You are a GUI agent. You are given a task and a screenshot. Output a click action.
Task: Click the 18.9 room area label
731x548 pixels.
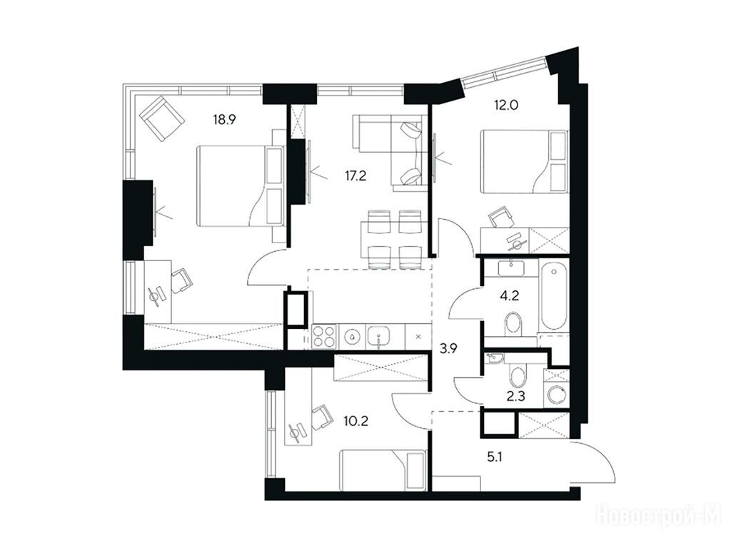tap(225, 120)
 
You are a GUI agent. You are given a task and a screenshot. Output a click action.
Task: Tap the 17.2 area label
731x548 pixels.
tap(356, 176)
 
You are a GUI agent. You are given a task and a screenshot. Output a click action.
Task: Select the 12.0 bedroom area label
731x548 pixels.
tap(506, 106)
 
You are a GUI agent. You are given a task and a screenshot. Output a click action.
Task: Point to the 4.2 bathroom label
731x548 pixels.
tap(510, 295)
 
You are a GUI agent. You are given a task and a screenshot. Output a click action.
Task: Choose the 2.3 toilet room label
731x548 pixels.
tap(515, 397)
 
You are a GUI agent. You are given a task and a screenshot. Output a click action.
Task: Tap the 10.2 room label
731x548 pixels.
tap(356, 422)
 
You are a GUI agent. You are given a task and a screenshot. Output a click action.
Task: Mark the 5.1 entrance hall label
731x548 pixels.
tap(495, 457)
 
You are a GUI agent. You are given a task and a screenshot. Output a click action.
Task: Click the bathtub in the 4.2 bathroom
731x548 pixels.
tap(554, 295)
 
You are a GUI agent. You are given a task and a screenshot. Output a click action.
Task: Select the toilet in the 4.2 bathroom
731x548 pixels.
tap(513, 325)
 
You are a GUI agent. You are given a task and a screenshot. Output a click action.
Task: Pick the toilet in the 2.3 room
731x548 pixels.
tap(517, 375)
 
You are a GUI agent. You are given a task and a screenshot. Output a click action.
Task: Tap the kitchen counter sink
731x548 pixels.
tap(379, 337)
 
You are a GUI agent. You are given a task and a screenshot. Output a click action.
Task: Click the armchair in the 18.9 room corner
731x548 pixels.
tap(161, 118)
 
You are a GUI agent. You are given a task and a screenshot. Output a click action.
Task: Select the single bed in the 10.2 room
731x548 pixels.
tap(383, 470)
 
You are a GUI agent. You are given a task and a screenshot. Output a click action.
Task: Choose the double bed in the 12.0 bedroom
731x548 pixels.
tap(525, 161)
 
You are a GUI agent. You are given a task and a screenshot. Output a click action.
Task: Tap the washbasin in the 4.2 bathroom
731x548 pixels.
tap(513, 268)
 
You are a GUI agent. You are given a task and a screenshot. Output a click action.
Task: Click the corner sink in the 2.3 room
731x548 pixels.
tap(494, 358)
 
